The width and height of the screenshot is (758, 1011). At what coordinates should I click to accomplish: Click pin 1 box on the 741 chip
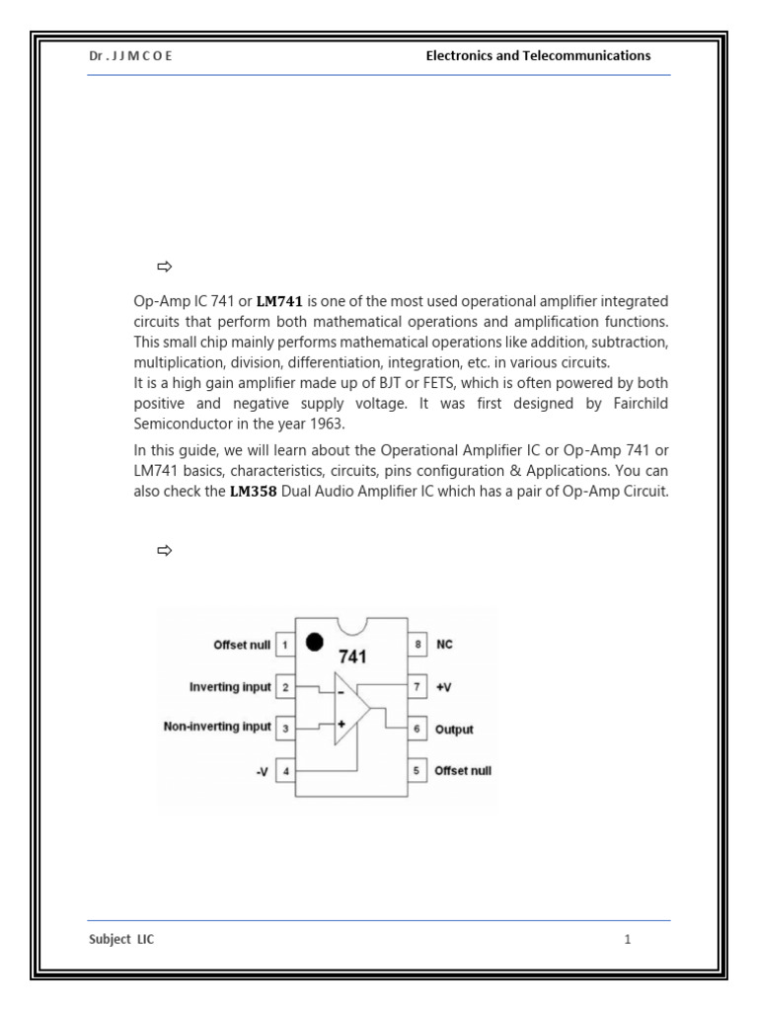point(285,645)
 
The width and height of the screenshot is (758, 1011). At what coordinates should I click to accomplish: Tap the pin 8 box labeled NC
point(417,644)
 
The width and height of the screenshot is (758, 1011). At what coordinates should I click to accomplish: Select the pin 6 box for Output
point(417,730)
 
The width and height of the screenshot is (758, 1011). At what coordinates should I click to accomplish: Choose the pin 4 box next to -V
point(285,771)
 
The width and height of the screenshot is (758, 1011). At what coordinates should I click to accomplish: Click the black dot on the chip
point(314,642)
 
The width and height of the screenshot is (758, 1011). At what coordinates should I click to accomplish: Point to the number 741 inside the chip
point(354,657)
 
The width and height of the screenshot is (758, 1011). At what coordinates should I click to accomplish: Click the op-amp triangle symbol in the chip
point(350,708)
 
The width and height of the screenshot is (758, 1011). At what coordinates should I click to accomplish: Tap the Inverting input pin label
point(230,686)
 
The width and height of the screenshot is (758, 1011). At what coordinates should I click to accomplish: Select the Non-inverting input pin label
point(217,727)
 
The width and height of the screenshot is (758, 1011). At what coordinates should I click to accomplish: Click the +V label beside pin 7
point(443,686)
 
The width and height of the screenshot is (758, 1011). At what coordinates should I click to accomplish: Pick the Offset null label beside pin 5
point(463,771)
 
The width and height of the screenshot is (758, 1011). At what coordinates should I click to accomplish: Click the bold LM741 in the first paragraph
point(278,301)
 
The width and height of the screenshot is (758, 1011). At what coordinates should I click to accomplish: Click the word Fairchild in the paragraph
point(638,404)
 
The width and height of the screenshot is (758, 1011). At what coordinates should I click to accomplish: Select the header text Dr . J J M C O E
point(130,56)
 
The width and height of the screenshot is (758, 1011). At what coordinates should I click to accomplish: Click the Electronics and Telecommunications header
point(538,56)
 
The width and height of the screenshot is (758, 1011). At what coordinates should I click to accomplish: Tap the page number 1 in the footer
point(627,940)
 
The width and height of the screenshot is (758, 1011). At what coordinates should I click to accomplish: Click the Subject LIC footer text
point(121,940)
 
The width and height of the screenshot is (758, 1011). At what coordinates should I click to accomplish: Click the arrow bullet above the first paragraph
point(164,267)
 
